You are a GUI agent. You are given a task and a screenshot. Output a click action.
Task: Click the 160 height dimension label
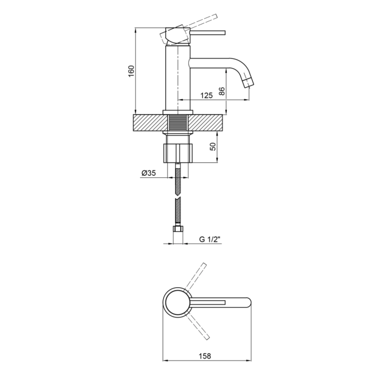click(x=131, y=71)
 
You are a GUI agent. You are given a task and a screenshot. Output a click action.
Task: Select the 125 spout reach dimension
click(x=206, y=95)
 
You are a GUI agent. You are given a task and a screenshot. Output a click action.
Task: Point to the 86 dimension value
click(x=222, y=91)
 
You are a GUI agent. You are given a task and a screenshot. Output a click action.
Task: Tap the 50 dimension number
click(x=213, y=146)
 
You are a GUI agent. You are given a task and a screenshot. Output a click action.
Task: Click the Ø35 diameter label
click(x=149, y=173)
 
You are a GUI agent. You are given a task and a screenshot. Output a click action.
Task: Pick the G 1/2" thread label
click(x=210, y=240)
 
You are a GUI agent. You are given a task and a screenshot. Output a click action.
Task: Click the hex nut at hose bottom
click(x=178, y=229)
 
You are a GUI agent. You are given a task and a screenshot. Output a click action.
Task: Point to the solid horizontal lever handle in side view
click(x=208, y=33)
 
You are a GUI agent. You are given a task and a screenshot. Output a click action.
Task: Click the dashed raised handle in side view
click(x=189, y=28)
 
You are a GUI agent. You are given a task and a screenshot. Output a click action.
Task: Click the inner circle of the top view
click(x=178, y=302)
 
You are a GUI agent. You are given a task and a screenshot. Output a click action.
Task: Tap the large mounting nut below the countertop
click(x=178, y=153)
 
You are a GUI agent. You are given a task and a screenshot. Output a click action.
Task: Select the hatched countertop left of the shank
click(x=150, y=123)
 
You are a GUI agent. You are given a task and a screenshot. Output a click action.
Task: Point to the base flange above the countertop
click(x=178, y=112)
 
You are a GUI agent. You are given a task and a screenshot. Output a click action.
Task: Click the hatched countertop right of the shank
click(x=207, y=123)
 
